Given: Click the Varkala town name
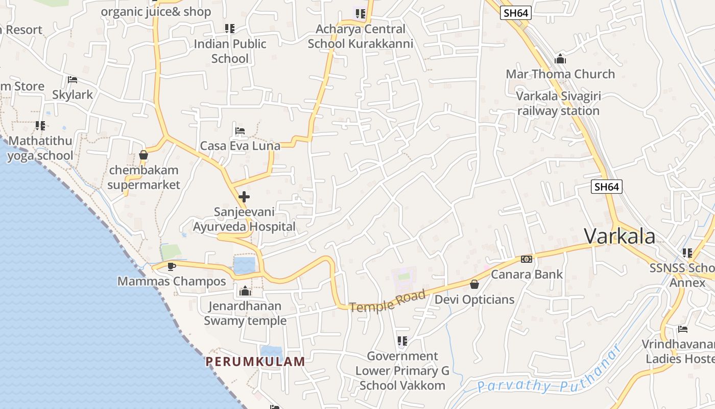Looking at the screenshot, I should [x=619, y=236].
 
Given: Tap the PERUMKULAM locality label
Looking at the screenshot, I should [x=255, y=361].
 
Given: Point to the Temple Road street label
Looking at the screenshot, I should [x=388, y=301].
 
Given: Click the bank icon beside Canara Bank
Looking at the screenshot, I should [x=527, y=259].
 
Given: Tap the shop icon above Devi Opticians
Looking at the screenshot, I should [x=474, y=284].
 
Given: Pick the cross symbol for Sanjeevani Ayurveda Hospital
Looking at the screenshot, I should [x=244, y=196].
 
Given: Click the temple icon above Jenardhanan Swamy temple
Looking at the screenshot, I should [x=245, y=291].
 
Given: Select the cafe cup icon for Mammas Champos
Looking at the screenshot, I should [x=172, y=266].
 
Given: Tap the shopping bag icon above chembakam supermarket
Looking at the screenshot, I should [x=144, y=155].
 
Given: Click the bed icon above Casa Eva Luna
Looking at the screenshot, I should [x=240, y=131].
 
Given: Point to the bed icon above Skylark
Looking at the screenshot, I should [x=73, y=80].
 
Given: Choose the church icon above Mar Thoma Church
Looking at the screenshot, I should [x=560, y=59].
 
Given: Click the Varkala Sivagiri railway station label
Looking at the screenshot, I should [x=558, y=103].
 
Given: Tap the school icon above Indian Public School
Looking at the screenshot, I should [x=230, y=29].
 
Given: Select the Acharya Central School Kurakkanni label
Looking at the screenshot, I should [x=361, y=36].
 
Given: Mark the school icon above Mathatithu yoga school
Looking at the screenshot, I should [x=40, y=125].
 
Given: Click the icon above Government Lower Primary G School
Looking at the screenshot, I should [x=402, y=340].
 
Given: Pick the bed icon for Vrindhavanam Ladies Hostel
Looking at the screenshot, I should [x=683, y=329].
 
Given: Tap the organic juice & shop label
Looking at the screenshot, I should [x=156, y=11].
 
